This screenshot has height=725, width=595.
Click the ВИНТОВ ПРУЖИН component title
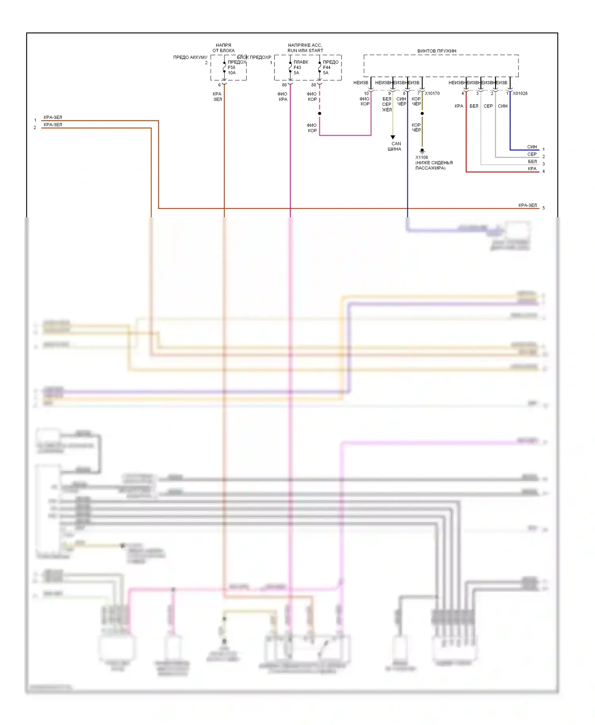tap(436, 51)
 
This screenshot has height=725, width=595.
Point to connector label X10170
tap(432, 94)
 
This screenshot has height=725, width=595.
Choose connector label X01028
tap(520, 94)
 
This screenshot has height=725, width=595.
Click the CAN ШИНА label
tap(394, 146)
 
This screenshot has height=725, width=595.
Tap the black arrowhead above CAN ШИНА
tap(393, 137)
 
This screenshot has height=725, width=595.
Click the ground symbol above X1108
tap(422, 151)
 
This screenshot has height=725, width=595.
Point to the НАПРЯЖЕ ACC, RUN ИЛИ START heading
tap(305, 48)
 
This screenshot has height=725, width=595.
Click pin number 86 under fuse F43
tap(284, 85)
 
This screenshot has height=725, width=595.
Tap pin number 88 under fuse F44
tap(314, 85)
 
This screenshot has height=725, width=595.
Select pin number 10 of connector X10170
tap(366, 94)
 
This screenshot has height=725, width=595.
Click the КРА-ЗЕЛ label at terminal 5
tap(527, 205)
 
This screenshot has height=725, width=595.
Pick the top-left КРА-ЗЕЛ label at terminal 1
tap(53, 117)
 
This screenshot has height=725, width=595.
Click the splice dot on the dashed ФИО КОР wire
tap(320, 113)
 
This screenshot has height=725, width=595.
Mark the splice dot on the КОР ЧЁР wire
tap(422, 113)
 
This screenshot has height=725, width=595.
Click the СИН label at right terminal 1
tap(532, 147)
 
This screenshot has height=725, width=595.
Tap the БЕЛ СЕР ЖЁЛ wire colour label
tap(387, 104)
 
